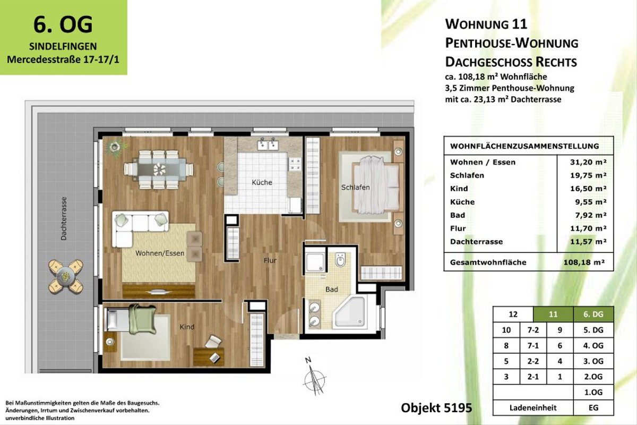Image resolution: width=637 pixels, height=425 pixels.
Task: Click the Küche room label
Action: point(262,182)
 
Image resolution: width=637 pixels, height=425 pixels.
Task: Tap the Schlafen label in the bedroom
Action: point(356,188)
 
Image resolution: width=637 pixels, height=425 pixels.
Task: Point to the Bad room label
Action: point(332,290)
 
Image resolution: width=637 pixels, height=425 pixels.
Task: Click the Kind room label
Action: point(187,327)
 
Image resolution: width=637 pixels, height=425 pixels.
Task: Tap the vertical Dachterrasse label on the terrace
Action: point(64,219)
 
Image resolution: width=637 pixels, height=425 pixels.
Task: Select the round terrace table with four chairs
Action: point(66,275)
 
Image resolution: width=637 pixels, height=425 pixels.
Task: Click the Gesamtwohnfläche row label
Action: point(488,262)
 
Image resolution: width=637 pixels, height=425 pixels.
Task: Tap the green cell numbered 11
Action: point(553,314)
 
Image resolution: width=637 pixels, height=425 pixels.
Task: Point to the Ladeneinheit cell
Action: point(533,408)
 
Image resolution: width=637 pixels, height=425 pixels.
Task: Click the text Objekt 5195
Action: point(436,408)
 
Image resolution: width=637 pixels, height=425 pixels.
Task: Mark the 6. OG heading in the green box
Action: point(63,24)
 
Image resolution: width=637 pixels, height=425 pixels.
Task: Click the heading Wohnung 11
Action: point(485,24)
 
